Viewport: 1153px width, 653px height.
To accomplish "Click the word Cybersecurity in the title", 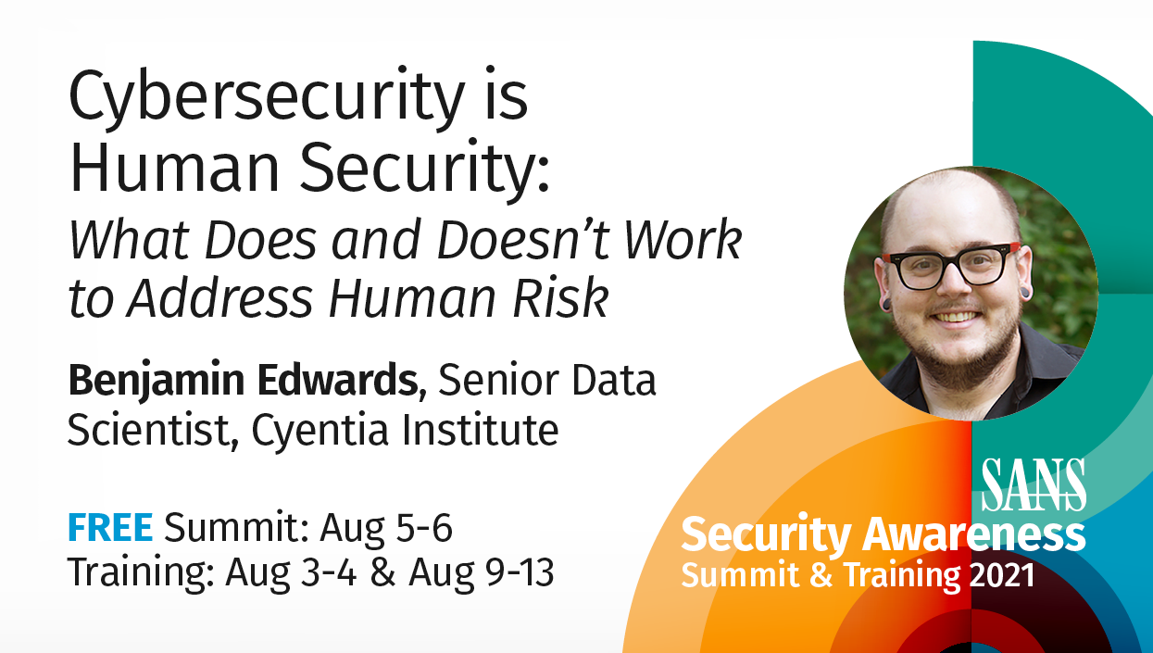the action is [x=267, y=98].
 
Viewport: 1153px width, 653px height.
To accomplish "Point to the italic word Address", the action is [x=219, y=298].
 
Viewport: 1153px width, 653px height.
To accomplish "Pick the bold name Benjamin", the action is [x=157, y=381].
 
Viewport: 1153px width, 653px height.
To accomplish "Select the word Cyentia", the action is [x=320, y=430].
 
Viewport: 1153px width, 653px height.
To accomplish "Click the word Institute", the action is [x=480, y=429].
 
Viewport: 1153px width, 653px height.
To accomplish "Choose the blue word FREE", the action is [x=110, y=527].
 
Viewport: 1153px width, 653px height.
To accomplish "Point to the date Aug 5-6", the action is [x=386, y=528].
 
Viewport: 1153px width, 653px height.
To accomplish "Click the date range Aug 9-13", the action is [x=482, y=572].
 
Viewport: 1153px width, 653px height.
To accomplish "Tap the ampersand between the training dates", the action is [x=382, y=572].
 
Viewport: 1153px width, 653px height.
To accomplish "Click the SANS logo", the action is [x=1034, y=485].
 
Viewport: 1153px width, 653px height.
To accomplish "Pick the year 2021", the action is [x=1002, y=574].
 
